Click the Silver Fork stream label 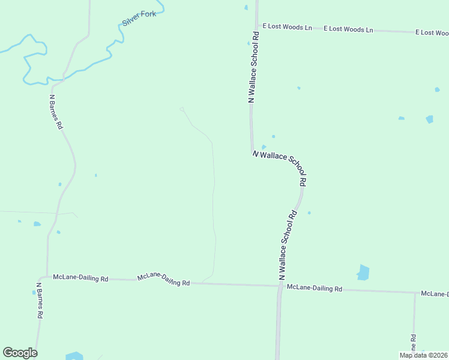[139, 18]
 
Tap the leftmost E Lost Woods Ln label [288, 27]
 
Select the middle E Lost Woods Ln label [348, 29]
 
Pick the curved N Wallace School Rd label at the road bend [281, 168]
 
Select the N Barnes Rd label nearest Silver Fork [56, 112]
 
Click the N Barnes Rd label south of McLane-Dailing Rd [39, 300]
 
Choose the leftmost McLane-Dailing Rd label [80, 278]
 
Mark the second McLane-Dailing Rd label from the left [163, 279]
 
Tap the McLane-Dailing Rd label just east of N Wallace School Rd [314, 288]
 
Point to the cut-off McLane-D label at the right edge [435, 293]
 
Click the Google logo [20, 353]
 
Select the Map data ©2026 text [423, 355]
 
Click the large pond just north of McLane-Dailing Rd [363, 272]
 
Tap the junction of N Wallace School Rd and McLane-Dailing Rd [280, 286]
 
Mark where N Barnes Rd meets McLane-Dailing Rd [46, 277]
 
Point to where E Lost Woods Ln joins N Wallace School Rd [257, 26]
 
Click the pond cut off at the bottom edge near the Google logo [74, 356]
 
